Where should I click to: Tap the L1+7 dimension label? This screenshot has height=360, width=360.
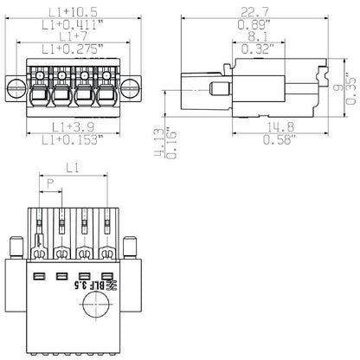[73, 36]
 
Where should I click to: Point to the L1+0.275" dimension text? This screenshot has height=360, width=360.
[73, 50]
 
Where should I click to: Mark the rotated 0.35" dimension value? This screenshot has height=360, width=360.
[350, 88]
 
